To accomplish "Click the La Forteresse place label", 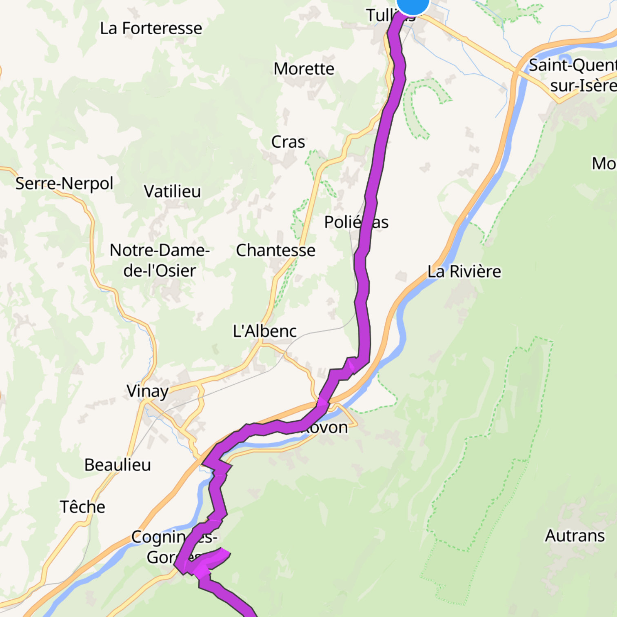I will point(151,29).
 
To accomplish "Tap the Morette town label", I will point(304,69).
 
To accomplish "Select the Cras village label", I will point(288,142).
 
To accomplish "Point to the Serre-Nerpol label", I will point(64,184).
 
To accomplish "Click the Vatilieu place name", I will point(172,191).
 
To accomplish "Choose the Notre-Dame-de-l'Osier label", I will point(160,260).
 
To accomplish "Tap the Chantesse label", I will point(275,251).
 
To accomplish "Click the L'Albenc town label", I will point(264,331).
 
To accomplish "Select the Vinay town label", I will point(147,391).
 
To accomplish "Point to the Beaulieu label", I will point(118,465).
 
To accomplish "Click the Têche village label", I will point(82,507).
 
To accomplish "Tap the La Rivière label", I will point(464,272).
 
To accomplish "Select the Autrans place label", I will point(575,536).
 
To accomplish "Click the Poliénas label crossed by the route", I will point(356,222).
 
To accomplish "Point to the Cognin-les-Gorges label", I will point(173,547).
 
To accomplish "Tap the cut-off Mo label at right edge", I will point(604,164).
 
